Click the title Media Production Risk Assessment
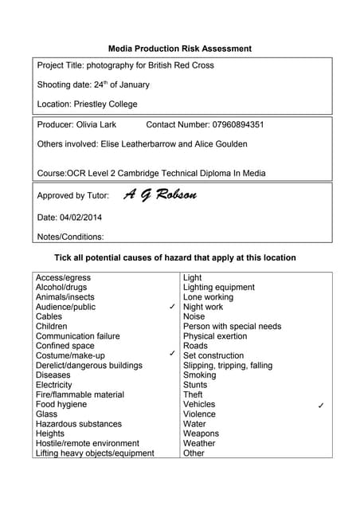point(180,49)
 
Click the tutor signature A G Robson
point(160,194)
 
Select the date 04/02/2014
point(80,217)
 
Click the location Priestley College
point(105,104)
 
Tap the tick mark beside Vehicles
point(320,406)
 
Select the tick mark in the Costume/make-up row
point(173,352)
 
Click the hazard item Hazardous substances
point(79,424)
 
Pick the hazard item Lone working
point(208,297)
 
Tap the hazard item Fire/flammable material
point(80,394)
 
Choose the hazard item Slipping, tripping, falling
point(228,365)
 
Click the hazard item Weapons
point(201,433)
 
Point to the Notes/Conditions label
point(71,236)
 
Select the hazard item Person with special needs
point(232,326)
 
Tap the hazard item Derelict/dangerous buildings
point(89,365)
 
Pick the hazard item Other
point(194,453)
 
